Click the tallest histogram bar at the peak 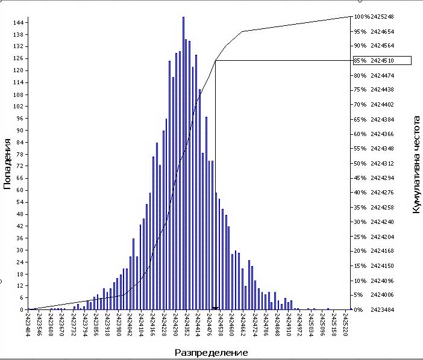coord(183,163)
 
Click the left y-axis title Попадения coord(7,164)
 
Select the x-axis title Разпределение coord(211,352)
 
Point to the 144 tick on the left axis coord(18,23)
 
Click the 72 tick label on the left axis coord(20,166)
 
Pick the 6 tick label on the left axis coord(22,298)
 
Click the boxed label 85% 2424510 coord(382,61)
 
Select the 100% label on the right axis coord(362,17)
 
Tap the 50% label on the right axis coord(360,164)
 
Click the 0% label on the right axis coord(359,310)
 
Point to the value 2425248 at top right coord(382,17)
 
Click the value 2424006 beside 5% coord(382,295)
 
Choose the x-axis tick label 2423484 coord(28,324)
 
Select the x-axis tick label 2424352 coord(186,324)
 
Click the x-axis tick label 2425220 coord(345,324)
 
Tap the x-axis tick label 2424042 coord(130,324)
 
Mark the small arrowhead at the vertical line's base coord(215,308)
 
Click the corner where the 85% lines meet coord(215,61)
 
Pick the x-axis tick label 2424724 coord(254,324)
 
